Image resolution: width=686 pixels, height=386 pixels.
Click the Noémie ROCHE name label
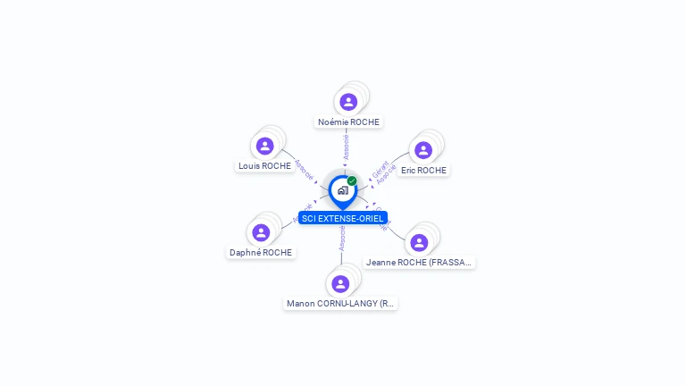[x=348, y=122]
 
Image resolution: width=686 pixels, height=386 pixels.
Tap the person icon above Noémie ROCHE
[x=348, y=101]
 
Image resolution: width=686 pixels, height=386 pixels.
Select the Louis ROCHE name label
[x=264, y=166]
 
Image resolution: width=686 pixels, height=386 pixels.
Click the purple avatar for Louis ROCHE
[x=264, y=146]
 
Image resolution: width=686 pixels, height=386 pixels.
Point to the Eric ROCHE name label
[x=423, y=171]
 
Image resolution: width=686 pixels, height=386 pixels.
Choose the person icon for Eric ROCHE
[x=423, y=149]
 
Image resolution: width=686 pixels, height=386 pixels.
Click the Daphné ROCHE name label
[x=261, y=253]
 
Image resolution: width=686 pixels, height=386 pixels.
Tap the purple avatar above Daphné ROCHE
[x=261, y=232]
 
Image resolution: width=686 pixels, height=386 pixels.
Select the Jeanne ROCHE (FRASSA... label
[x=419, y=263]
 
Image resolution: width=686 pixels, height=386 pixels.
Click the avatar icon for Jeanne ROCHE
[x=419, y=242]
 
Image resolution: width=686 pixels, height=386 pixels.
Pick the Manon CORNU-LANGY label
[x=340, y=304]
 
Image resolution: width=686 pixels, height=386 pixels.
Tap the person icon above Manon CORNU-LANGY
[x=340, y=284]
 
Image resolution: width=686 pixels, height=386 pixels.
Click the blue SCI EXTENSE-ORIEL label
[x=343, y=218]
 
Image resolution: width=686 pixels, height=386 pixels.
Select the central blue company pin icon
[x=342, y=190]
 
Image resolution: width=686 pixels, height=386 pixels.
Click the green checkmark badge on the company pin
[x=352, y=180]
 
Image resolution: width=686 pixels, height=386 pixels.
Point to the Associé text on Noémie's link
[x=347, y=147]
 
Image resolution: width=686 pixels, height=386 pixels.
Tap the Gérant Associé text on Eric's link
[x=383, y=172]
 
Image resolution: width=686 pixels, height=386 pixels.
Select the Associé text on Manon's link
[x=342, y=237]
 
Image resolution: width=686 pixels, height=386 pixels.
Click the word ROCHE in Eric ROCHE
[x=432, y=171]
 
